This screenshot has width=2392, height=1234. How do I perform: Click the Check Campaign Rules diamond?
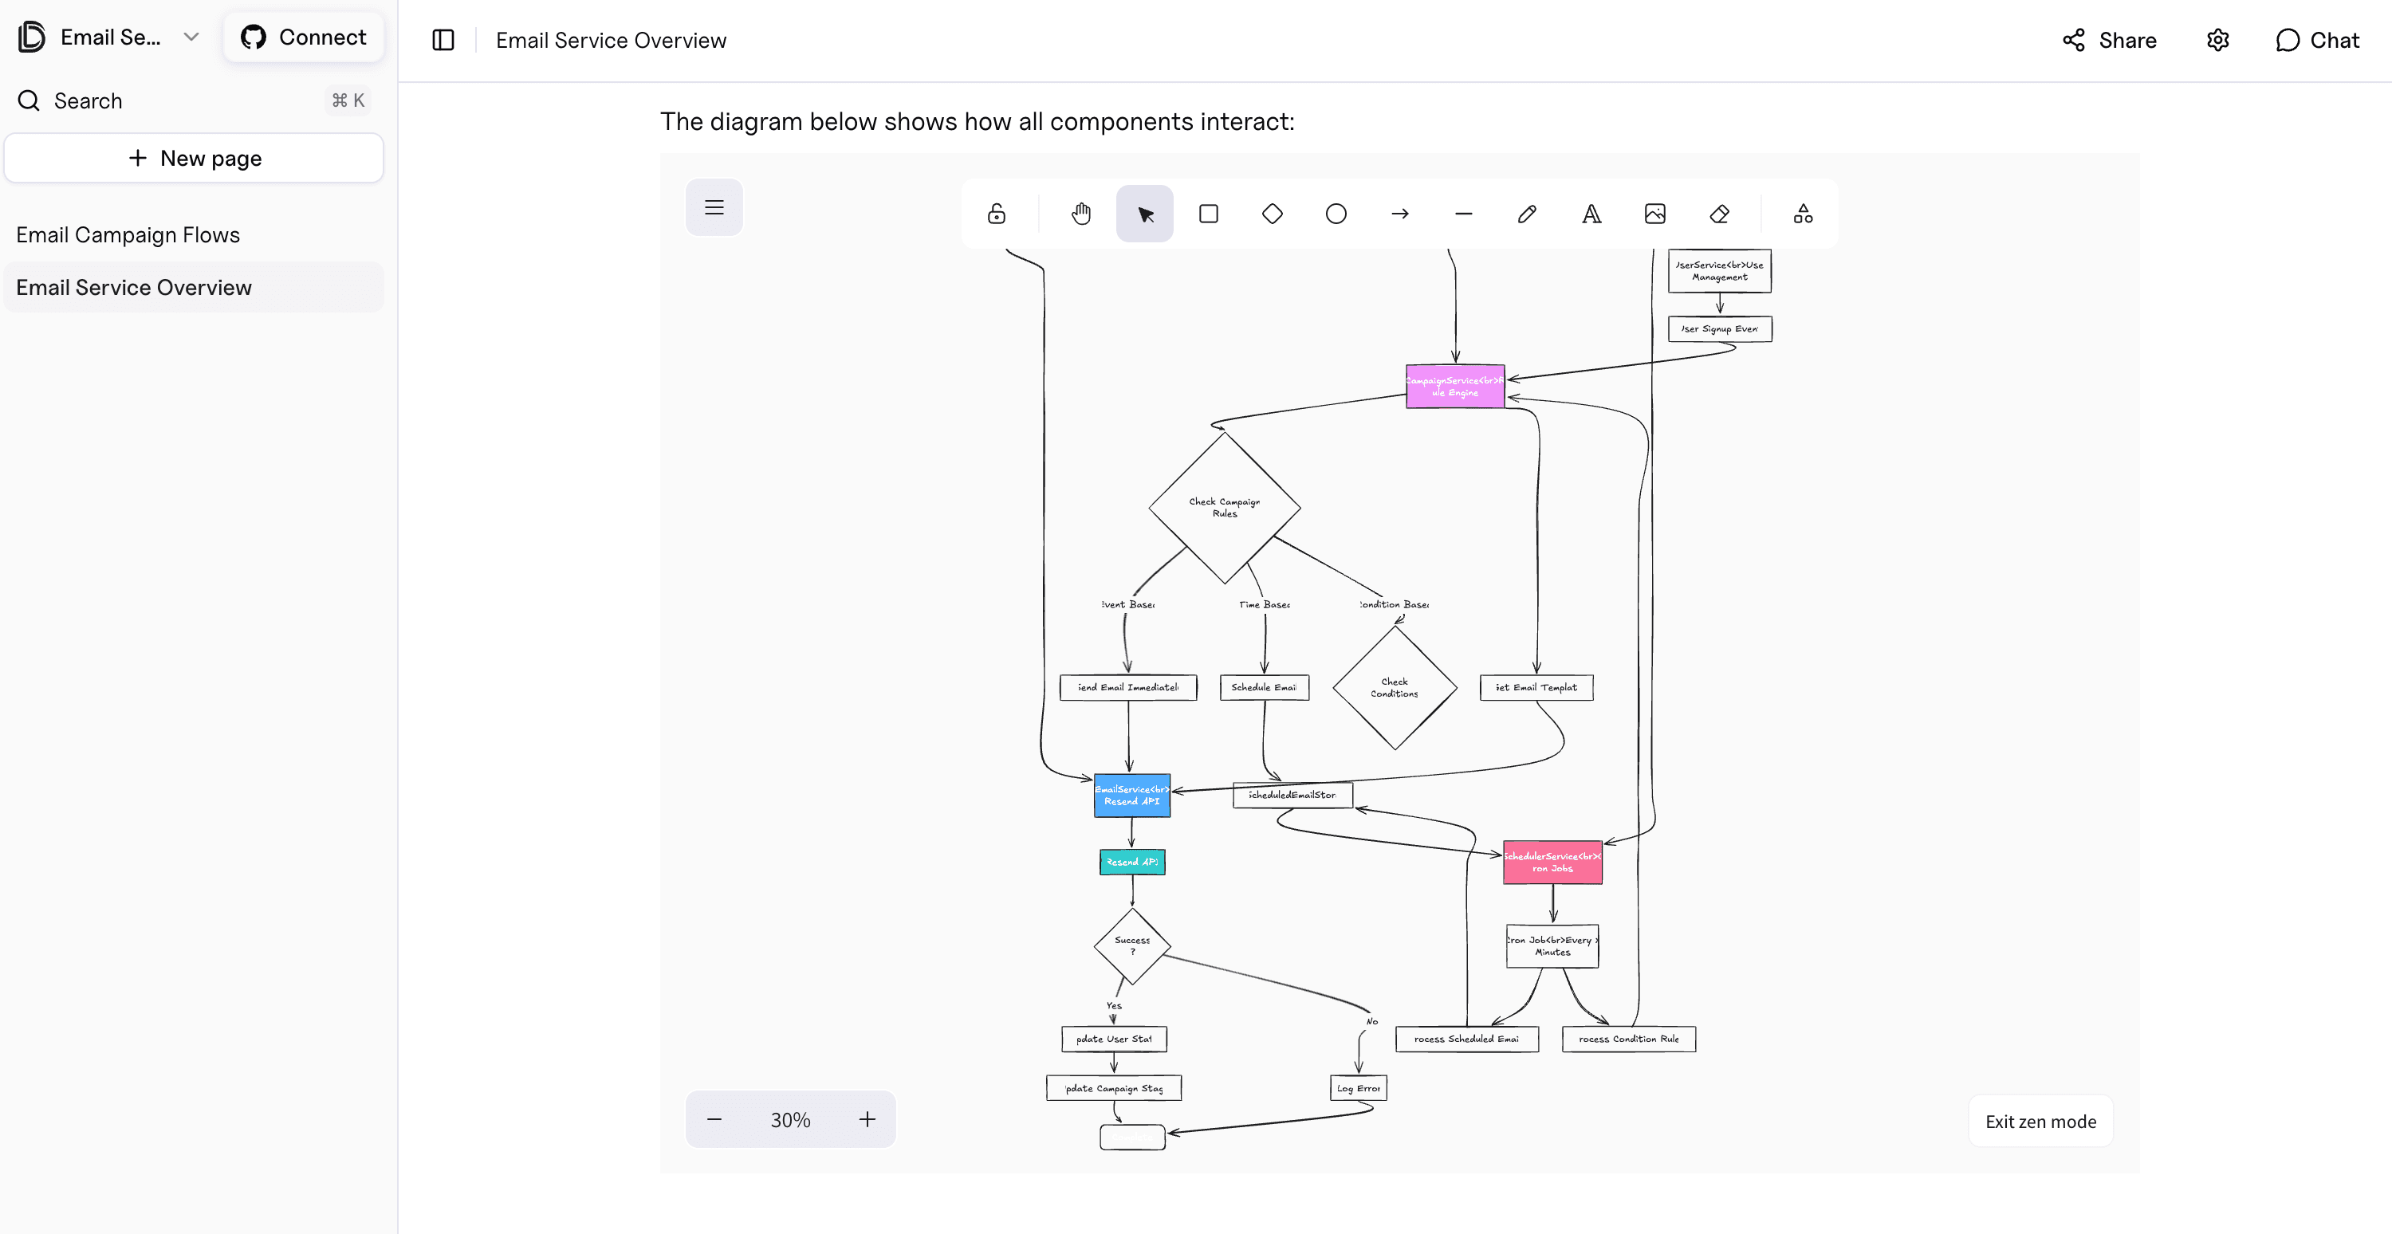coord(1224,508)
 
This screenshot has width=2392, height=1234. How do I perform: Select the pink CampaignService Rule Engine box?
coord(1454,387)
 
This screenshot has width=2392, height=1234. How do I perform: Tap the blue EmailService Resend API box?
coord(1131,796)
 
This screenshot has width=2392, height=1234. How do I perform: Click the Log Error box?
coord(1358,1088)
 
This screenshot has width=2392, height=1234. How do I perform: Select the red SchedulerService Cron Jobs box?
coord(1552,863)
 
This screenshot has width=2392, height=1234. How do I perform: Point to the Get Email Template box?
coord(1536,688)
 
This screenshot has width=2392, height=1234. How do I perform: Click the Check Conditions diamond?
coord(1394,688)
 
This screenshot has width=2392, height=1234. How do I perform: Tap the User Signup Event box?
coord(1719,328)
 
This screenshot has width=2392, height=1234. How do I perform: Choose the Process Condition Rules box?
coord(1628,1039)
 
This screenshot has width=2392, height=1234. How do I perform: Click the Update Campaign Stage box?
coord(1112,1088)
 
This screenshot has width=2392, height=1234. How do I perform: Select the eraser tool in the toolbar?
coord(1718,214)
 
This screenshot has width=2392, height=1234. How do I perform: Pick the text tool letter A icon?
coord(1591,214)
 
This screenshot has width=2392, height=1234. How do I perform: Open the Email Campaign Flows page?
coord(128,235)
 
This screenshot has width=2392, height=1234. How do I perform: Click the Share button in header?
coord(2109,40)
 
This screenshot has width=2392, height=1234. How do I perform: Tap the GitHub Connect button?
coord(304,37)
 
